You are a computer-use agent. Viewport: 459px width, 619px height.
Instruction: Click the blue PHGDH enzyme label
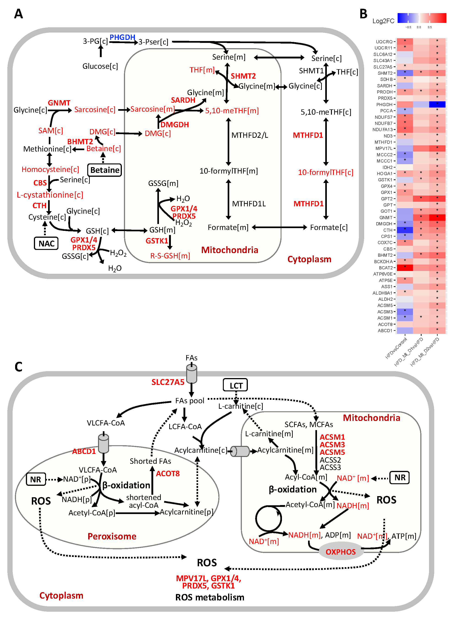[122, 37]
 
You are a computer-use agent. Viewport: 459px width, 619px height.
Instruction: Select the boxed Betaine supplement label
[105, 170]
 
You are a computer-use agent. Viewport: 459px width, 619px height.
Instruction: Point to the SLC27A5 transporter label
[168, 382]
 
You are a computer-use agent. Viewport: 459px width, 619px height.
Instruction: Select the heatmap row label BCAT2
[386, 268]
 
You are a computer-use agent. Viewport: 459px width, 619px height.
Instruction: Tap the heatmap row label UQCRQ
[384, 42]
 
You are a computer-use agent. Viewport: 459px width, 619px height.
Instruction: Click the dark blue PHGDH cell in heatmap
[437, 105]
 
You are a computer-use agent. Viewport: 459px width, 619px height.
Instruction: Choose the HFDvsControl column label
[396, 348]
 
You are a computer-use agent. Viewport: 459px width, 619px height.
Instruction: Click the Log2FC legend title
[383, 21]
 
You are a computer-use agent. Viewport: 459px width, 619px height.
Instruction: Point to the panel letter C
[18, 367]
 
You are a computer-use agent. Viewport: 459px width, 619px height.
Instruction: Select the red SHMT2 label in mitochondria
[243, 76]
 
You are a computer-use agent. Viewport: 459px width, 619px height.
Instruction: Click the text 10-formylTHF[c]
[326, 173]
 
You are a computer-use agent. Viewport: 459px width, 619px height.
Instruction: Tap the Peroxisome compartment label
[112, 536]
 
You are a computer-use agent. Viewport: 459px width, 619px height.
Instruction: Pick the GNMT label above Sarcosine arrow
[59, 103]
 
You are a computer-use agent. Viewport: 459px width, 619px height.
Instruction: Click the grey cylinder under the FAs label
[191, 374]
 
